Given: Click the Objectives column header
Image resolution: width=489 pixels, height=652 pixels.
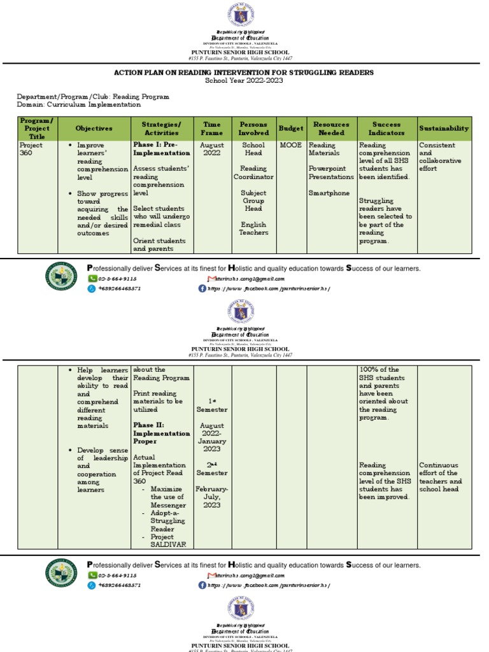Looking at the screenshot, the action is pos(94,129).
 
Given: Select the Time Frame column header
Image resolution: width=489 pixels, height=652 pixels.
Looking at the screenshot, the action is pos(212,129).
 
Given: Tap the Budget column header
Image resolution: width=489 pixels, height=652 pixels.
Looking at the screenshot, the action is pos(291,129).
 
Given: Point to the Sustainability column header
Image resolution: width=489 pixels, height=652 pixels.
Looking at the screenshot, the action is pos(444,129).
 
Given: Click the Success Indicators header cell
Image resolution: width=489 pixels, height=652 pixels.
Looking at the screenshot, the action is pos(386,129).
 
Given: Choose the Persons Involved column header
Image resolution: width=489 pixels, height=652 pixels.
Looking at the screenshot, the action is pos(253,129).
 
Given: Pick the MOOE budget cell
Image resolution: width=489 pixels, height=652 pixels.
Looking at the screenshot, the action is pos(291,145).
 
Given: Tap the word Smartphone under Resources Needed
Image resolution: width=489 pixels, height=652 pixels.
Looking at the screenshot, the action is pos(329,193).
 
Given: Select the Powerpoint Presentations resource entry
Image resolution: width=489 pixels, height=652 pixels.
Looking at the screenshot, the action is pos(331,173).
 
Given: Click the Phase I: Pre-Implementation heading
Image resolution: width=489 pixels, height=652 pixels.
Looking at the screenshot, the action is pos(161,149).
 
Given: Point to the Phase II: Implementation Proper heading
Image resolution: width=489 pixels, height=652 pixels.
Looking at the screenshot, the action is pos(161,433).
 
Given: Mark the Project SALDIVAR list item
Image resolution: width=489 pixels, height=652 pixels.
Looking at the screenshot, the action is pos(168,541).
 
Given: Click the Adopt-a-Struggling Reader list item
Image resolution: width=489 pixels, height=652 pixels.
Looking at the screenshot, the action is pos(167,521).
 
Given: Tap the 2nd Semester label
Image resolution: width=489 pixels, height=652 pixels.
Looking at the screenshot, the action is pos(212,469).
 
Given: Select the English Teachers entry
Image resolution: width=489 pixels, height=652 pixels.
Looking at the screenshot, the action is pos(253,229).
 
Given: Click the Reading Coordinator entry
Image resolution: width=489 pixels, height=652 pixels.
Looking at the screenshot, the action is pos(253,173).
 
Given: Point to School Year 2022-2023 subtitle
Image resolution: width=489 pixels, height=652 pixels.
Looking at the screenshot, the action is pos(244,81).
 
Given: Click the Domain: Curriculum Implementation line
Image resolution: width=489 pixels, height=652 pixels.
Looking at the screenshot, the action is pos(79,104).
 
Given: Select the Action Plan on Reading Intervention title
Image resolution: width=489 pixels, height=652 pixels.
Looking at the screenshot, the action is pos(244,73).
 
